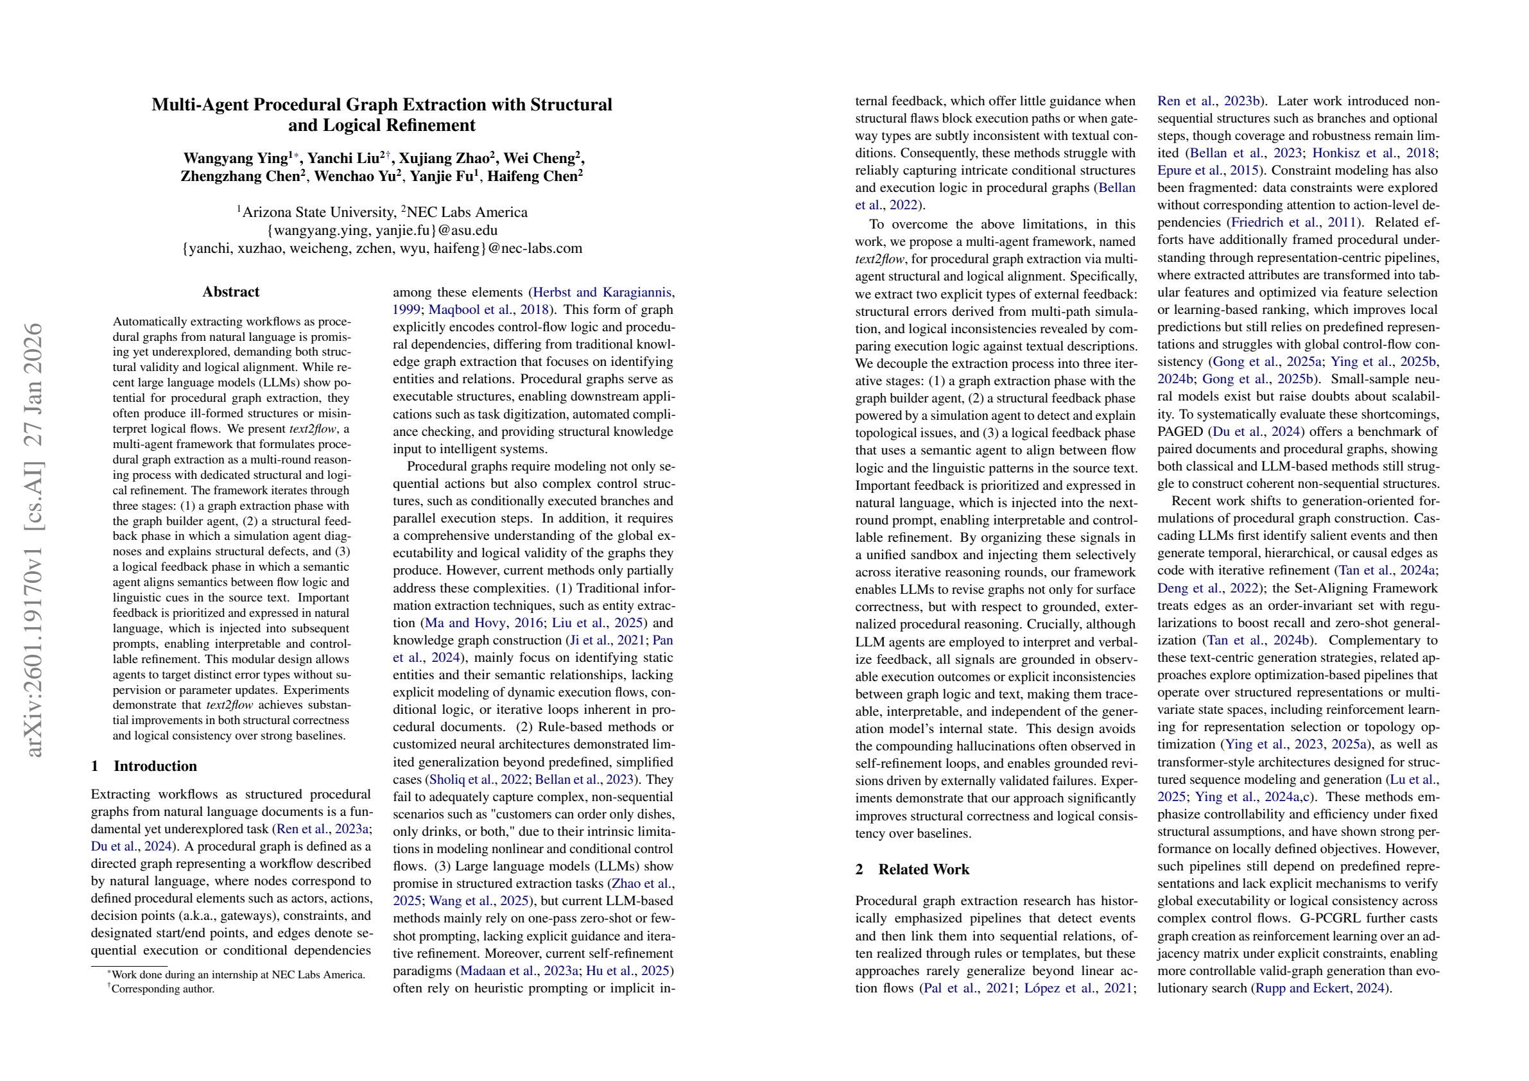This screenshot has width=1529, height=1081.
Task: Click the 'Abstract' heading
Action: pyautogui.click(x=230, y=291)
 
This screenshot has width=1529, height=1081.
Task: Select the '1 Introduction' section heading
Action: pyautogui.click(x=144, y=766)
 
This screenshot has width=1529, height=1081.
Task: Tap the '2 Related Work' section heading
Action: pyautogui.click(x=912, y=869)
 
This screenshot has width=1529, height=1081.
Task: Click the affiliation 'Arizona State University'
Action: pyautogui.click(x=316, y=212)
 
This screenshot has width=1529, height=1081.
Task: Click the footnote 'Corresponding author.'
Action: pyautogui.click(x=162, y=989)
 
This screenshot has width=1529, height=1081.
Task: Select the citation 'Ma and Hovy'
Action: pyautogui.click(x=461, y=623)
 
